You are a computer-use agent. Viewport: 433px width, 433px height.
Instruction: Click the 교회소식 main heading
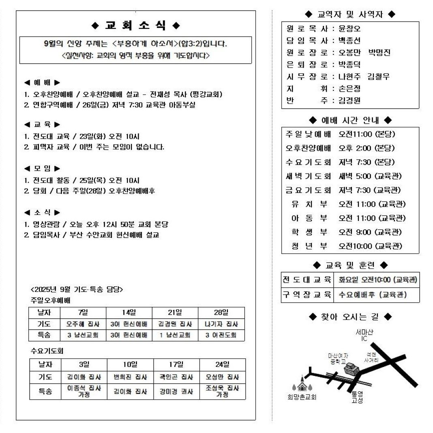click(x=136, y=26)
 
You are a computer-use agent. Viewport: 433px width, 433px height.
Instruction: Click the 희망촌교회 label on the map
click(x=301, y=397)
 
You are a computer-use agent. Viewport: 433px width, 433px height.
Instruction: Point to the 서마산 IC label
click(x=364, y=336)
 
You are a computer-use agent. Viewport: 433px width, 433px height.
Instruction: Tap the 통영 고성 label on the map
click(x=357, y=397)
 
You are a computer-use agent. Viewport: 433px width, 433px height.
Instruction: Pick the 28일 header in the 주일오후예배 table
click(x=221, y=313)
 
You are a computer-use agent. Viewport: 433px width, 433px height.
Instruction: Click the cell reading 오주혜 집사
click(x=83, y=324)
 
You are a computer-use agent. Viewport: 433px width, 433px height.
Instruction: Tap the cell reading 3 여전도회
click(x=221, y=335)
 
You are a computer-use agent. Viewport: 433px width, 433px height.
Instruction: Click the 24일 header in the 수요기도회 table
click(x=222, y=364)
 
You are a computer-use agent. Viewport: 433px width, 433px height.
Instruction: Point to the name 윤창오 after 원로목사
click(x=349, y=29)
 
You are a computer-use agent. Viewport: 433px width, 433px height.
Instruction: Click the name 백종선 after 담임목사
click(x=349, y=41)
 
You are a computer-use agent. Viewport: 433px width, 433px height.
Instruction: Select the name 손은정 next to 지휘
click(x=349, y=88)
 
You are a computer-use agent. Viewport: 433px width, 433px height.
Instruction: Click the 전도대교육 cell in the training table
click(x=307, y=280)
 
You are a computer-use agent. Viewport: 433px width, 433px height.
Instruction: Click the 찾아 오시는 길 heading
click(x=350, y=317)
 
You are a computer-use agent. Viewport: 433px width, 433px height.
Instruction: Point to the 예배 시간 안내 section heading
click(x=350, y=120)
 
